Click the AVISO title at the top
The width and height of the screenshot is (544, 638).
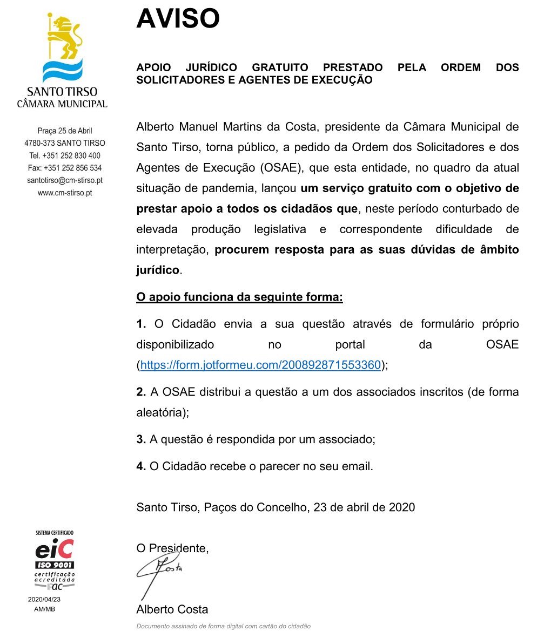coord(178,19)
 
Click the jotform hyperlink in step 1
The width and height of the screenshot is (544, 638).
coord(260,365)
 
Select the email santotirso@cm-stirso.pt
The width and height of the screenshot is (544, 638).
coord(65,180)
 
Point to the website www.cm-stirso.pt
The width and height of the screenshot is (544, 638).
coord(65,193)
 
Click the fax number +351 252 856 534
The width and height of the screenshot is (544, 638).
coord(65,168)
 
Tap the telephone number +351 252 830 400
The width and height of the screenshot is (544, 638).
coord(65,155)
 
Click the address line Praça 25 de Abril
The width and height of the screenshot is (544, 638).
coord(65,131)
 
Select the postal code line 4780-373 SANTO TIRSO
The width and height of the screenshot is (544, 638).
coord(65,143)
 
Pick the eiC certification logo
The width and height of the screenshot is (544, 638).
coord(55,549)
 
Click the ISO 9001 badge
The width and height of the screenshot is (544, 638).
coord(55,565)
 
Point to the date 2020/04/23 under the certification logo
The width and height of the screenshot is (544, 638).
coord(44,599)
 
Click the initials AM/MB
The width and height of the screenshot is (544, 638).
coord(44,609)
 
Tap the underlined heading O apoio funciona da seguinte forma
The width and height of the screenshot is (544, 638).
coord(239,297)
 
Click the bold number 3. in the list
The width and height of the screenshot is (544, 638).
coord(141,439)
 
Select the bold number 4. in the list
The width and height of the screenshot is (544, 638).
coord(141,466)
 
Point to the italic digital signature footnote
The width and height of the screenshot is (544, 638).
coord(223,626)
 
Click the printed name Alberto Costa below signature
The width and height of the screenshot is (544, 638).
coord(172,609)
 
